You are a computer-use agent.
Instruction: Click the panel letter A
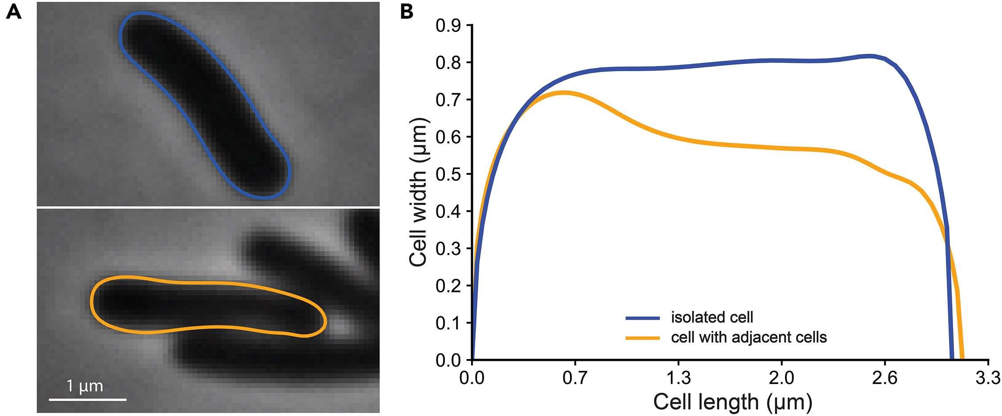coord(13,12)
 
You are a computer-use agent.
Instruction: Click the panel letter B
coord(407,12)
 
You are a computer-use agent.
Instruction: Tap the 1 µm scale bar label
coord(85,386)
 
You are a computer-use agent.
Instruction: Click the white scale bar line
coord(87,399)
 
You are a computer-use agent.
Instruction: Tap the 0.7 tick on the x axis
coord(574,378)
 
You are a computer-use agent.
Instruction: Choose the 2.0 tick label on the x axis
coord(781,378)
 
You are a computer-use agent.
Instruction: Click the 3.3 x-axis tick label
coord(987,378)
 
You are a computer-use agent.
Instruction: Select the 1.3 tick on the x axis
coord(678,378)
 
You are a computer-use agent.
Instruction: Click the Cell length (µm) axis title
coord(733,402)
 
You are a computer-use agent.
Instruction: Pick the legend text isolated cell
coord(712,317)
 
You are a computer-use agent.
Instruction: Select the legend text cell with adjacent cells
coord(749,337)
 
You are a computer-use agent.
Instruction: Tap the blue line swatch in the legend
coord(642,318)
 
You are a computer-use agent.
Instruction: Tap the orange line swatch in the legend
coord(642,338)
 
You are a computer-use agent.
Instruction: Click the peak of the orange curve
coord(564,93)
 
